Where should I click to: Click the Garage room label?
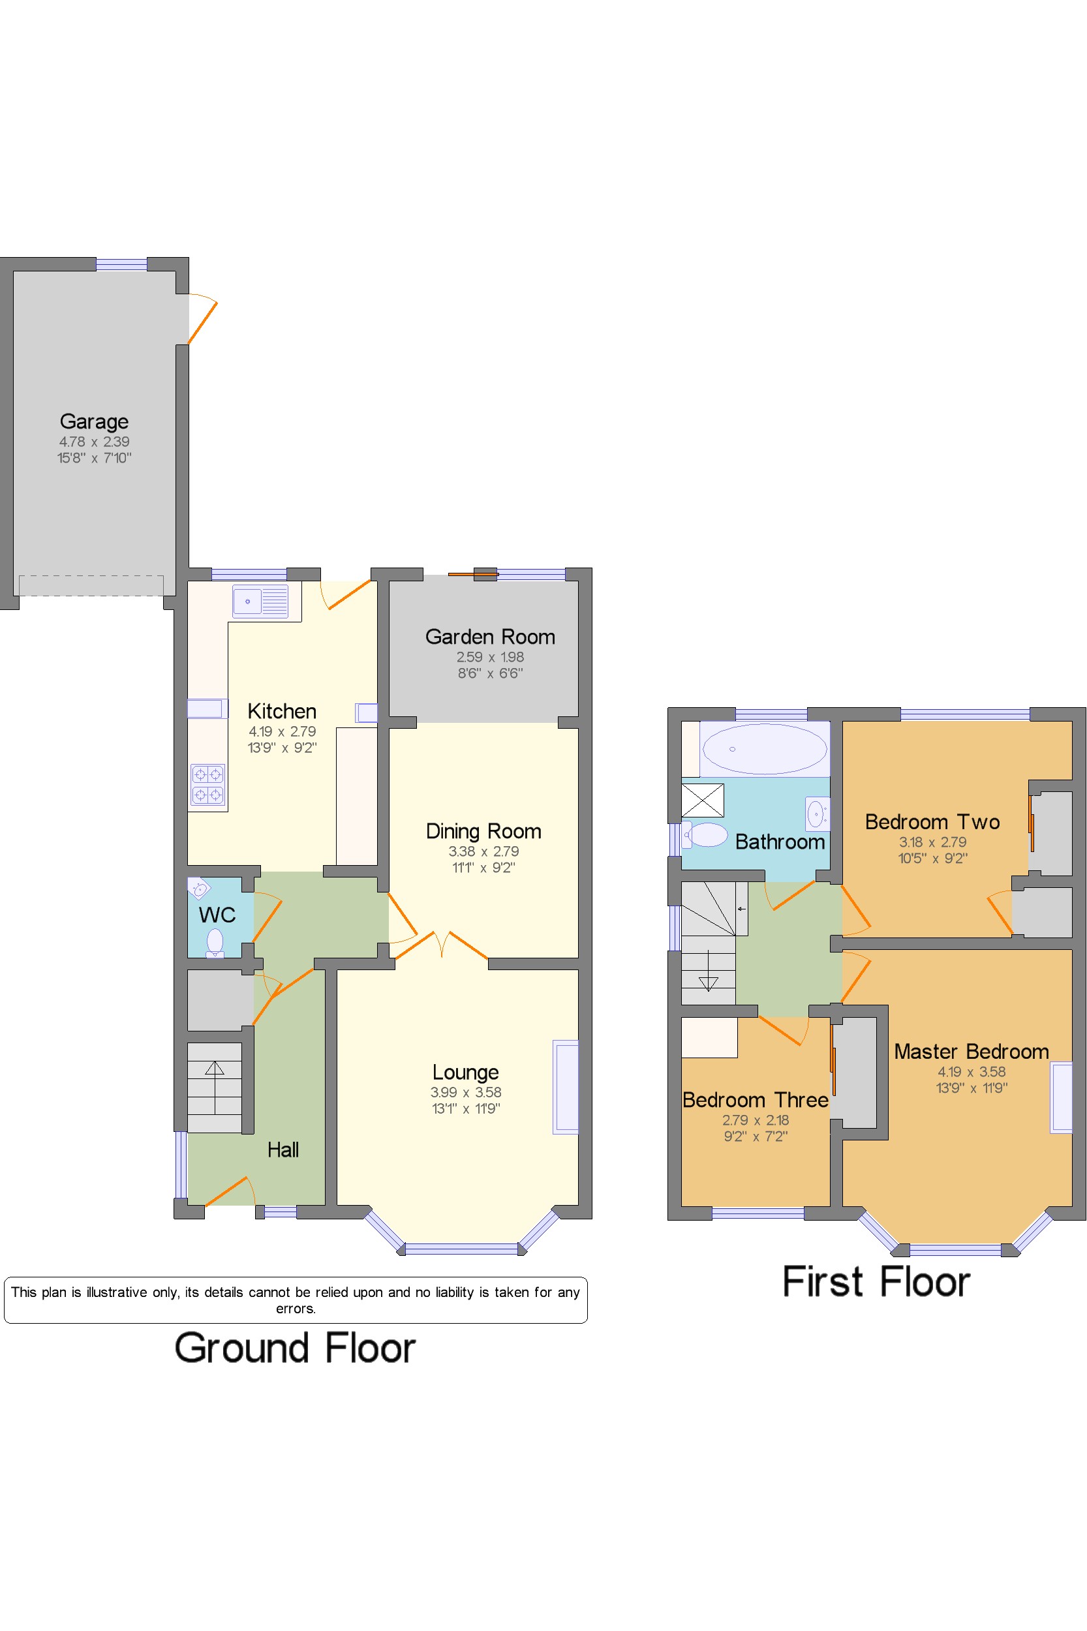click(94, 421)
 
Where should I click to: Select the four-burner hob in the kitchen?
click(208, 784)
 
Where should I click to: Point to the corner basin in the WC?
click(198, 888)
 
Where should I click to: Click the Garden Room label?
click(490, 636)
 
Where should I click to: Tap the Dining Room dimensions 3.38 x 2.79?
click(483, 851)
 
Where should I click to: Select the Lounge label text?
click(466, 1073)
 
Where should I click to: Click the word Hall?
click(283, 1150)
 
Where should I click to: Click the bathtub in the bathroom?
click(765, 748)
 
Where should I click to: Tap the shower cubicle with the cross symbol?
click(703, 800)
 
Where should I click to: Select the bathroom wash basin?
click(818, 814)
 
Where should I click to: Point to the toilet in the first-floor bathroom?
click(705, 834)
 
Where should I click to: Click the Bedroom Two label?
click(932, 821)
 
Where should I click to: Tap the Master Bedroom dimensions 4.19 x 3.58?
click(972, 1072)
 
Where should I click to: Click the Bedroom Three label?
click(756, 1100)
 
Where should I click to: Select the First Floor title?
click(876, 1282)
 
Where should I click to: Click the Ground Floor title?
click(296, 1349)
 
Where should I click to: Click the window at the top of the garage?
click(121, 264)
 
